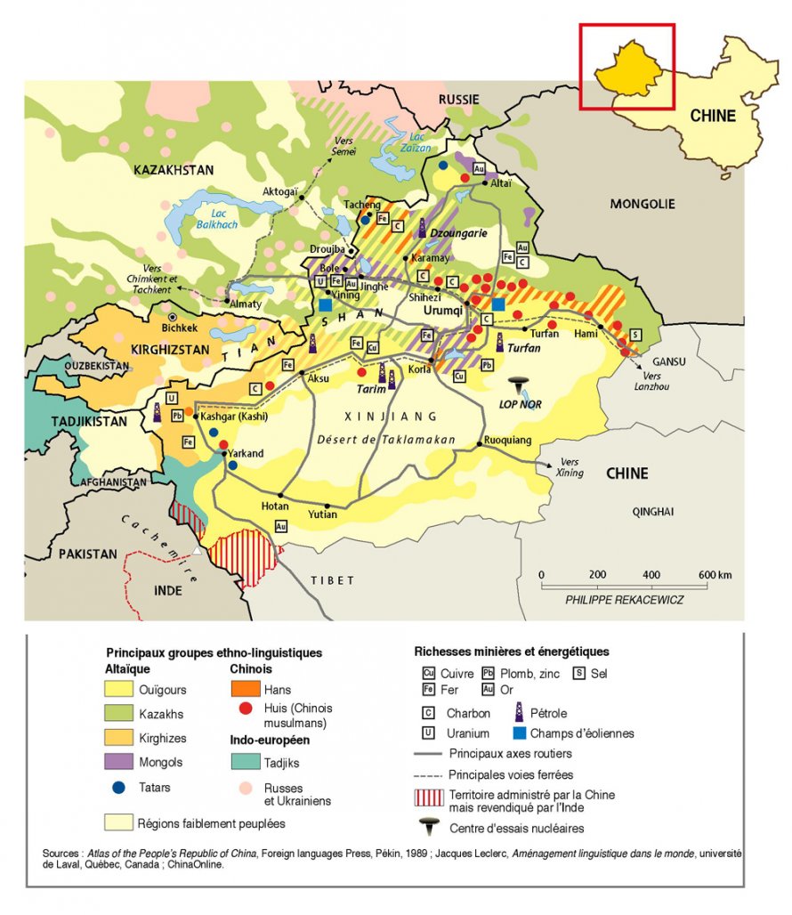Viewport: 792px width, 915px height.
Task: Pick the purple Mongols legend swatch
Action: pos(120,762)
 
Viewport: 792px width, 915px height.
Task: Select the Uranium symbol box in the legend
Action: pos(429,733)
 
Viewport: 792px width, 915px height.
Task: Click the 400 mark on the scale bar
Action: pos(651,574)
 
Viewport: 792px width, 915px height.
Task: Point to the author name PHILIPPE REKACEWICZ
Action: pos(625,600)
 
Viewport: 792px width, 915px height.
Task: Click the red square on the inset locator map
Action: pos(627,67)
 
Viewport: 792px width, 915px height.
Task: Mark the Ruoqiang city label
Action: pos(507,440)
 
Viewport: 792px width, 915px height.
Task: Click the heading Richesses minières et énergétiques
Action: pos(512,652)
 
